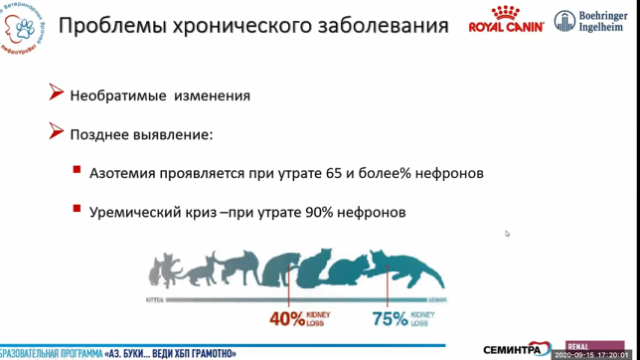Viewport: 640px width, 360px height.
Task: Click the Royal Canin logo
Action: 506,20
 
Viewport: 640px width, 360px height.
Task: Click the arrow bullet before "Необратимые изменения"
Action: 57,94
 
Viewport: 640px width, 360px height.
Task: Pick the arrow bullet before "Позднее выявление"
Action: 57,132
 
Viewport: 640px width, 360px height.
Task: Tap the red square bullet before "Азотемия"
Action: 77,170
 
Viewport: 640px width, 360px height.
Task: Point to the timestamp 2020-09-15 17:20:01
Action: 592,354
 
